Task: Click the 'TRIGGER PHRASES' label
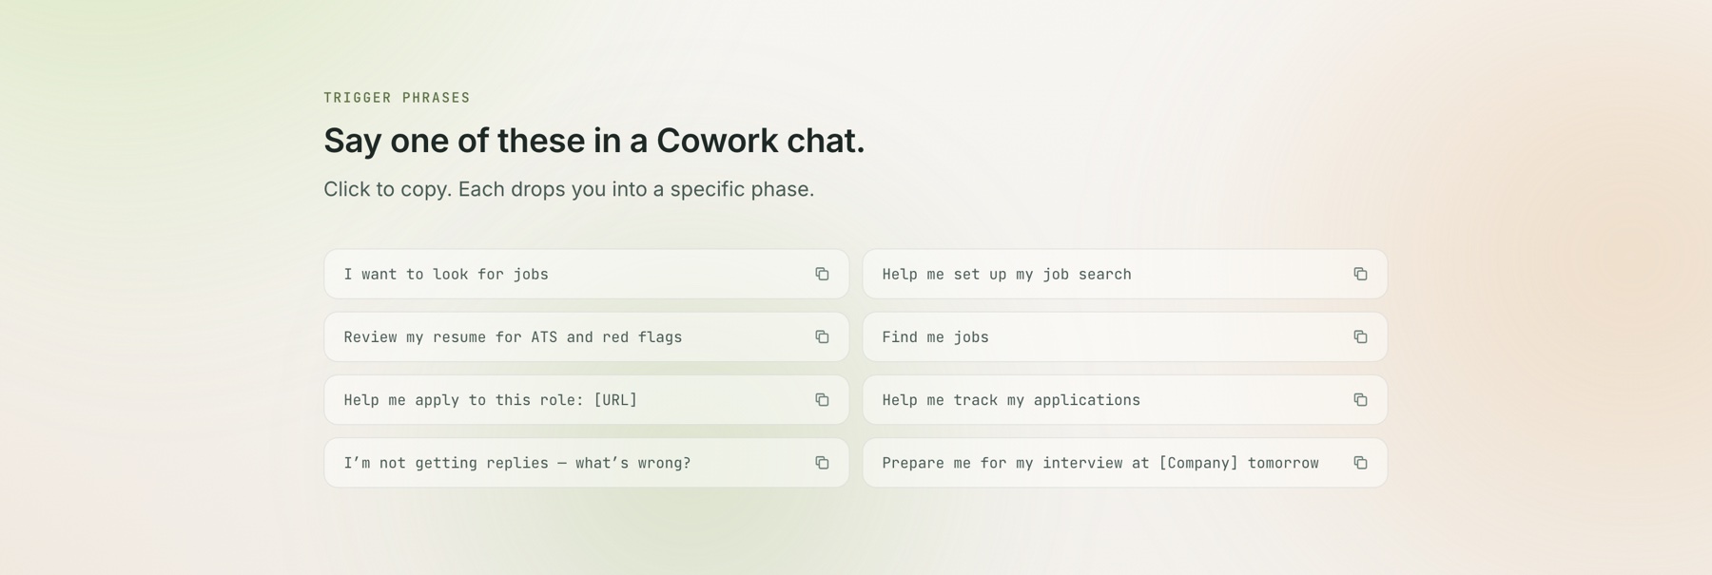pos(397,98)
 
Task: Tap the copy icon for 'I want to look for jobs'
pos(822,274)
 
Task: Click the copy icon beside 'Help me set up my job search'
pos(1360,274)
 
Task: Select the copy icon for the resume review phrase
pos(822,336)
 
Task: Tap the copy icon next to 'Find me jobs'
pos(1360,336)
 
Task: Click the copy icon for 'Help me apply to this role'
pos(822,400)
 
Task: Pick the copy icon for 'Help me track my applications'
pos(1360,400)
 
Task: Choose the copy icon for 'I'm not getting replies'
pos(822,463)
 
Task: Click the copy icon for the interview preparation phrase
pos(1360,463)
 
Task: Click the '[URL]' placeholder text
pos(615,400)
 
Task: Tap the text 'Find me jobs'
pos(935,337)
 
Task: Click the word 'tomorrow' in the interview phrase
pos(1283,463)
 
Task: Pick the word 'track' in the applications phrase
pos(975,400)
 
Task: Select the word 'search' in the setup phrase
pos(1104,275)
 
